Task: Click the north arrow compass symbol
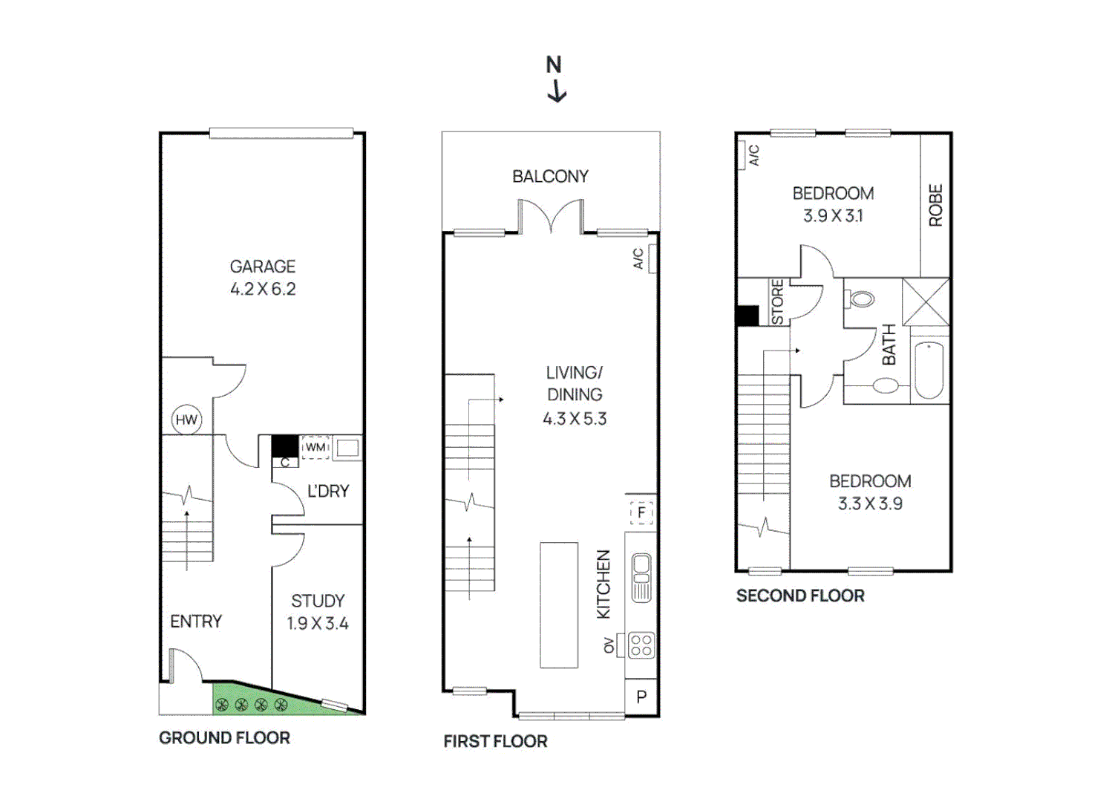click(x=555, y=79)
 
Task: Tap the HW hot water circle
click(x=186, y=420)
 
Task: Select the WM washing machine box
click(x=315, y=447)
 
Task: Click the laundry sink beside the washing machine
click(x=347, y=448)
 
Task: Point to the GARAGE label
click(x=263, y=267)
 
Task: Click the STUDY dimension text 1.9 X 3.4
click(x=318, y=624)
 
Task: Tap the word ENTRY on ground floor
click(x=196, y=622)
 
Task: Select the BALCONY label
click(x=550, y=177)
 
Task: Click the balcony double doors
click(x=550, y=216)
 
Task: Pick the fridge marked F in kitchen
click(x=641, y=512)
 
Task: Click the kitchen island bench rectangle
click(x=559, y=605)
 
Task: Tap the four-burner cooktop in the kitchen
click(x=641, y=645)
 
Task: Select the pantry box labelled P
click(x=642, y=697)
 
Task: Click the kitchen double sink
click(x=641, y=578)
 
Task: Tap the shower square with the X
click(x=926, y=301)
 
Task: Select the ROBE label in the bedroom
click(x=935, y=205)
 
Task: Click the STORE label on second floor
click(x=777, y=301)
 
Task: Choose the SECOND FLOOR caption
click(x=800, y=596)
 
